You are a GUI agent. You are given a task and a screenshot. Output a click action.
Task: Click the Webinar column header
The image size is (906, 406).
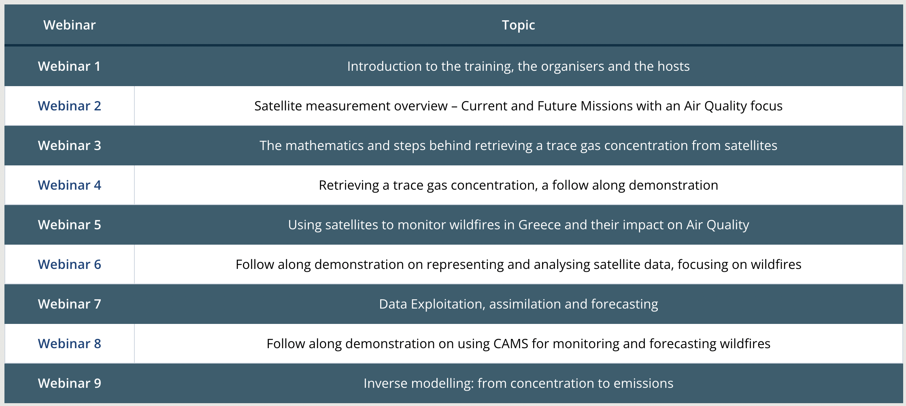pyautogui.click(x=69, y=25)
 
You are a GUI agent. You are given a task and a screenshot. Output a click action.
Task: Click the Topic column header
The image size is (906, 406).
pyautogui.click(x=518, y=25)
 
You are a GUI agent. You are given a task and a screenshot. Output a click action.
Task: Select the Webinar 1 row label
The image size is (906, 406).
pyautogui.click(x=69, y=66)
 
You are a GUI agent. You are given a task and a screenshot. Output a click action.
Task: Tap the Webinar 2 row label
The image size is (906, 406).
pyautogui.click(x=69, y=106)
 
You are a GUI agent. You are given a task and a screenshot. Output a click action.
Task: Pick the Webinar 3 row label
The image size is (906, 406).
pyautogui.click(x=69, y=146)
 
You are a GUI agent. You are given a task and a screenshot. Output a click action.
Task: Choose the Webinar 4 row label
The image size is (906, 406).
pyautogui.click(x=69, y=185)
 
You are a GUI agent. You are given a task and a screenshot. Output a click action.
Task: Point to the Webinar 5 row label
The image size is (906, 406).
pyautogui.click(x=69, y=225)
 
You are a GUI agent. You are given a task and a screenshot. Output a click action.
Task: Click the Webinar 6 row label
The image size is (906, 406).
pyautogui.click(x=69, y=264)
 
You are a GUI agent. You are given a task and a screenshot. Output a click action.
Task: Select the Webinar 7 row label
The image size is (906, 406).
pyautogui.click(x=69, y=304)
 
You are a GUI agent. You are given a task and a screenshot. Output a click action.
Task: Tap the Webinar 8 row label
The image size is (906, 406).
pyautogui.click(x=69, y=344)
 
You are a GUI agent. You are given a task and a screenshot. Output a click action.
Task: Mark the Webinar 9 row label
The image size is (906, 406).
pyautogui.click(x=69, y=383)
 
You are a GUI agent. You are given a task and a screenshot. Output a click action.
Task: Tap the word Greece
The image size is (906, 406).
pyautogui.click(x=540, y=225)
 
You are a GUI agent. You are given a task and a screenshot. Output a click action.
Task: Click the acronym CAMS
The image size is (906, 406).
pyautogui.click(x=511, y=344)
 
